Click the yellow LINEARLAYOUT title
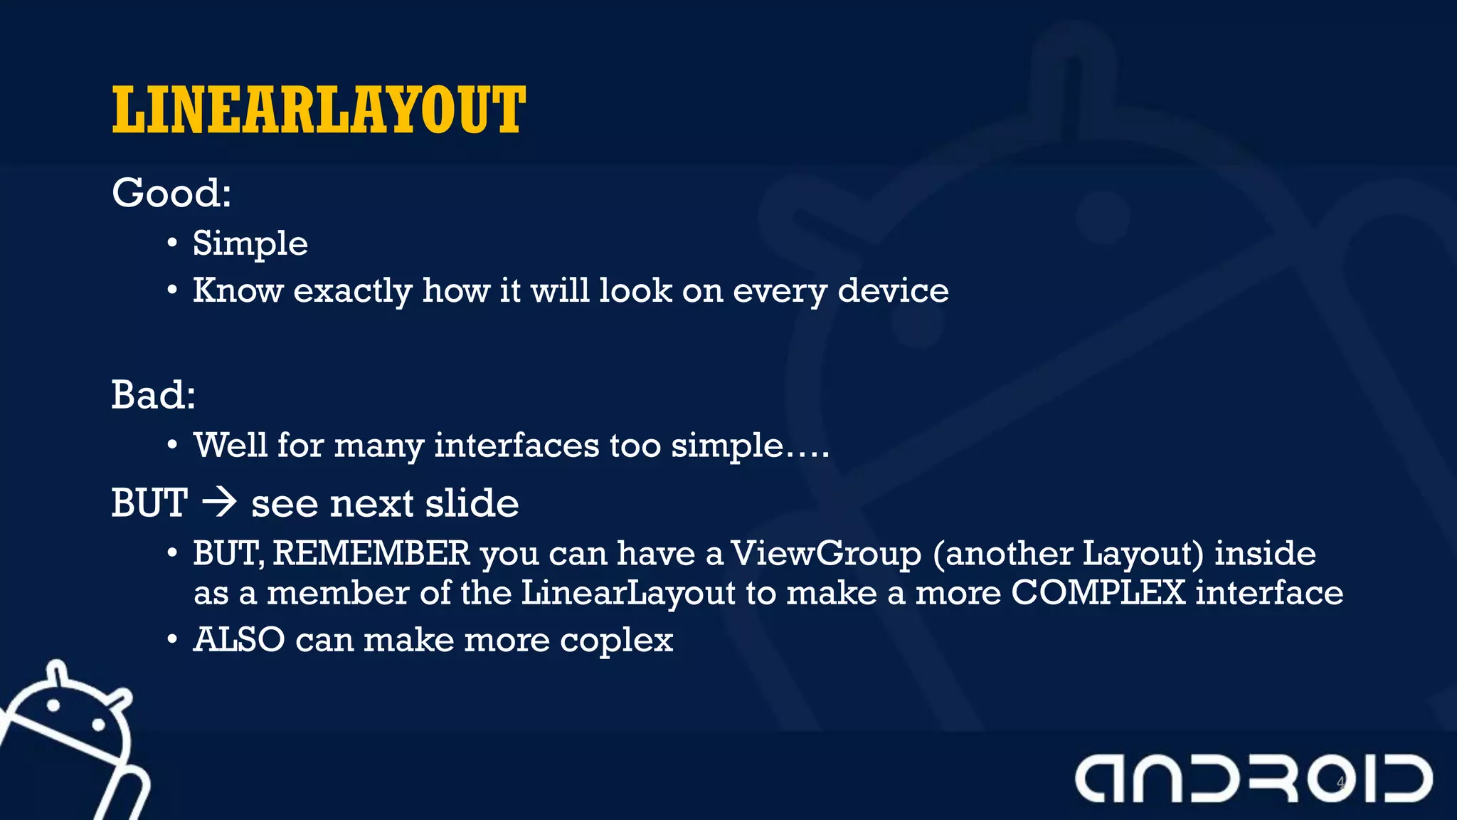319,110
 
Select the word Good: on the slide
171,193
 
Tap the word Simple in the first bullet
250,244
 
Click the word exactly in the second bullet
353,291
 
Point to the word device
893,291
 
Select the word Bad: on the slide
153,395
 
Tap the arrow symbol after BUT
219,503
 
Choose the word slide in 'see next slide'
472,504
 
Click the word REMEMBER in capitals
371,554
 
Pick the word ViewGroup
826,554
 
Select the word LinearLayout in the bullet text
628,593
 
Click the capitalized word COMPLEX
1098,593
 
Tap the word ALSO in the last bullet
239,640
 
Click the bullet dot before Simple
172,244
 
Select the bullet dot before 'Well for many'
172,446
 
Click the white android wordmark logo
1254,779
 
